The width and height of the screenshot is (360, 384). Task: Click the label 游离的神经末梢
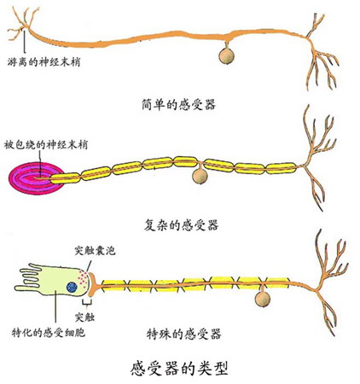44,61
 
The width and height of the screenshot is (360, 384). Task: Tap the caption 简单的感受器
178,104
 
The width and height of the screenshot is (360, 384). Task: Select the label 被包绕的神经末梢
46,145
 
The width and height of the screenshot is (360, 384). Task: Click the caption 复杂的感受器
181,225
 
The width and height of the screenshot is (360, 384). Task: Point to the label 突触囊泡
95,250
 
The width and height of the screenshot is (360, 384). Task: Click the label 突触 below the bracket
84,317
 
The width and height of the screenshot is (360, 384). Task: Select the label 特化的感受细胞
49,332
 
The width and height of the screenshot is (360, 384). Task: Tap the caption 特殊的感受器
183,334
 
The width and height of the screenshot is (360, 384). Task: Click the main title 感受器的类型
179,368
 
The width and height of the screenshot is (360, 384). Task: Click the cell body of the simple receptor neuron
226,55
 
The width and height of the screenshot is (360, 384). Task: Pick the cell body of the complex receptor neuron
200,176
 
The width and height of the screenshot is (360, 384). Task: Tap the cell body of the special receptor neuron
263,300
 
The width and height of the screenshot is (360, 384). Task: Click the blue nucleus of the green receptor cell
72,287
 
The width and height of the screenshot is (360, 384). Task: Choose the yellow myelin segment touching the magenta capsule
65,178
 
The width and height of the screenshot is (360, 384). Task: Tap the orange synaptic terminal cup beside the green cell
92,284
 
